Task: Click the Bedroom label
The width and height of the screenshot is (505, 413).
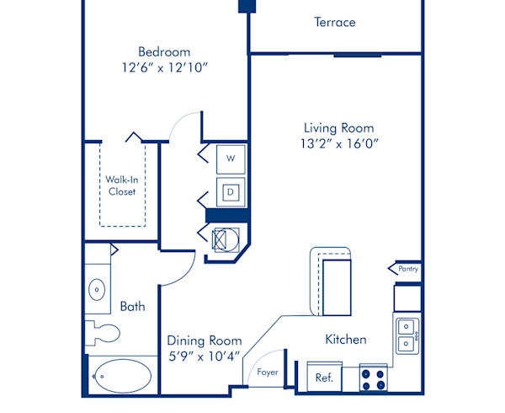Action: [164, 51]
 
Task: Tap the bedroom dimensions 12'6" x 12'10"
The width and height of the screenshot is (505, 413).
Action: [164, 67]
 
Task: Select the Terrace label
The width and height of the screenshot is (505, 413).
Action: [335, 23]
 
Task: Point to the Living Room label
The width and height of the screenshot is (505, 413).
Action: [338, 128]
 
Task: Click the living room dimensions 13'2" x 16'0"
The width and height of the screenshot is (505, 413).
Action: [338, 143]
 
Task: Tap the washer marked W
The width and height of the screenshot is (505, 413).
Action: [230, 158]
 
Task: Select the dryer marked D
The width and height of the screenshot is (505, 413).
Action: [230, 191]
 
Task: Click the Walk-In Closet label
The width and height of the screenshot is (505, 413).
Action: [121, 185]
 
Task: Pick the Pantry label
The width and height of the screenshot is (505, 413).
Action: [408, 270]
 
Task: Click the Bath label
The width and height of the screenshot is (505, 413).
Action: [132, 307]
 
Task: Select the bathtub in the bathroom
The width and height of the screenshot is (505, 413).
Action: [122, 377]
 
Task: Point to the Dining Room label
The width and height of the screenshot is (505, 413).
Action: [204, 341]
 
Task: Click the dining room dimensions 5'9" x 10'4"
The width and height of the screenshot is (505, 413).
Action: [204, 356]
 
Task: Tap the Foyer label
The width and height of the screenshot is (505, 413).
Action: [268, 372]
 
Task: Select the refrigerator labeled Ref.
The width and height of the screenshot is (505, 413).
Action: [324, 378]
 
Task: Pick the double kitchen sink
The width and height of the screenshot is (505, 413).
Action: [406, 334]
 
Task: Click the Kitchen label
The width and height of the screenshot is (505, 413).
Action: [346, 340]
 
